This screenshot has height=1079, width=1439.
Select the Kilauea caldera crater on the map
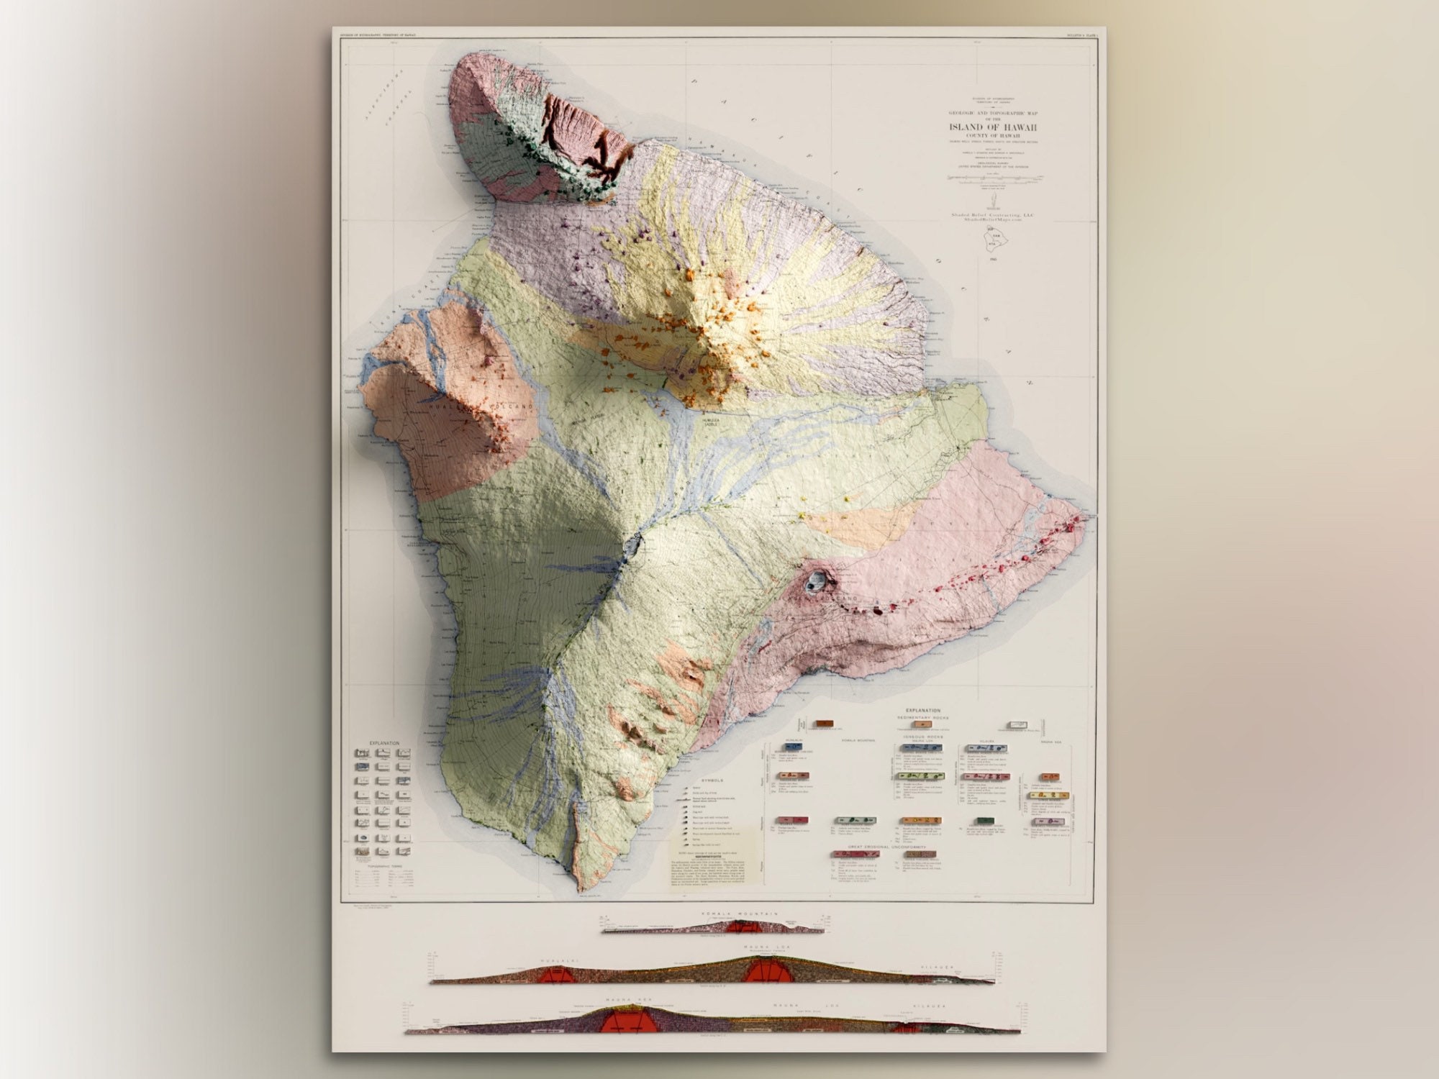(817, 580)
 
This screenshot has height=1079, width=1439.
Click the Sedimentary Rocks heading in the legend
(922, 718)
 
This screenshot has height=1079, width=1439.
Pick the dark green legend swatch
(984, 821)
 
